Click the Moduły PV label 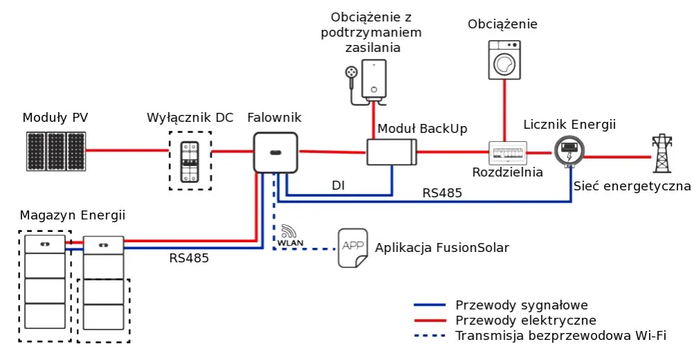tap(55, 117)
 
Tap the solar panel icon tap(57, 151)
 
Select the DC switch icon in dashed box tap(190, 161)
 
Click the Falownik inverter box tap(276, 152)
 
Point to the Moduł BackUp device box tap(391, 152)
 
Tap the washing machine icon tap(503, 60)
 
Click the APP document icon tap(353, 248)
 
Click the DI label tap(338, 186)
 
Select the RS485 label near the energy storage tap(189, 258)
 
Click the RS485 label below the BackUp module tap(442, 193)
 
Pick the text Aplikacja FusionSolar tap(442, 248)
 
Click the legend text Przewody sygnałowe tap(522, 305)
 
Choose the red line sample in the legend tap(429, 321)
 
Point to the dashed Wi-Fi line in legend tap(429, 336)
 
